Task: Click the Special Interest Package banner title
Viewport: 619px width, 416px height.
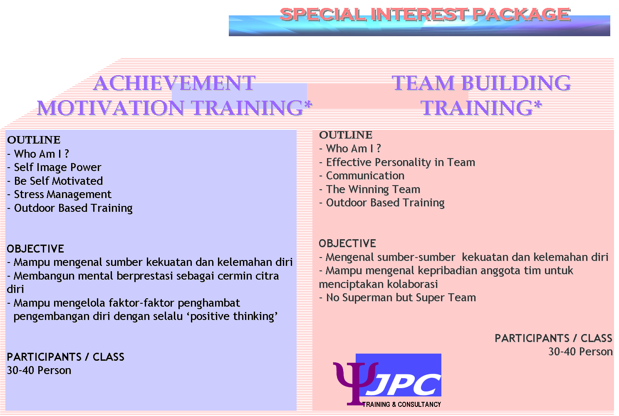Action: point(424,15)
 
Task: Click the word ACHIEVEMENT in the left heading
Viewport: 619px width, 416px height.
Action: point(174,83)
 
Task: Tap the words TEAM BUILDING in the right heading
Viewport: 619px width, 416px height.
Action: point(481,83)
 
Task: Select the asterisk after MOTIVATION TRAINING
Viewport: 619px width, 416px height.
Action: point(308,105)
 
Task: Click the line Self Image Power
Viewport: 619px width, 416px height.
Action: point(57,167)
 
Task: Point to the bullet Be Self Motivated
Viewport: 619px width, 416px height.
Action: point(58,181)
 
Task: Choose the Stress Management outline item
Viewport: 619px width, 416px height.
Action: point(62,194)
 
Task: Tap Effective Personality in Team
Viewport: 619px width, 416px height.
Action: point(400,162)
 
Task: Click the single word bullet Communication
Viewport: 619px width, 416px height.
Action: point(365,176)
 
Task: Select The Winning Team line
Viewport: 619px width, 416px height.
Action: point(373,189)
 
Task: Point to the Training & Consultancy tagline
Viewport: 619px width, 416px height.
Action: point(401,404)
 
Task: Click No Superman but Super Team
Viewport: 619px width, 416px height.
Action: point(401,297)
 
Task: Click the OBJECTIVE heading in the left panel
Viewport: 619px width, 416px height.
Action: point(35,249)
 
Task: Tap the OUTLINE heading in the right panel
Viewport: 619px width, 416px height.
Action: point(346,135)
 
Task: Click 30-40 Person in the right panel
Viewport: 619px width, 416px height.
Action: point(580,352)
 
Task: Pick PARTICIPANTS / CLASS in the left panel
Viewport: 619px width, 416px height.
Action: point(65,357)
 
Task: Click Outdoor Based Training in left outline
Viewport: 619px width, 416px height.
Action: point(73,208)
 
